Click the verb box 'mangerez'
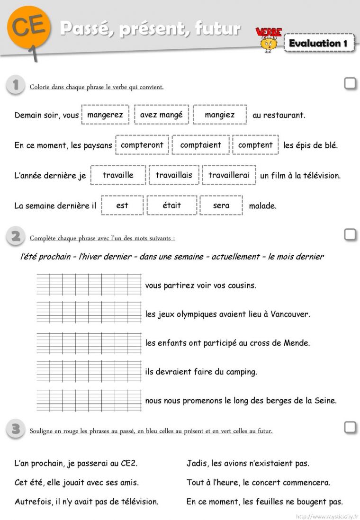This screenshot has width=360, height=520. [x=105, y=115]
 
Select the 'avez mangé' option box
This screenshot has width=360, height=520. [x=162, y=115]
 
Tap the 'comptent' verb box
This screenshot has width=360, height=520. [x=255, y=145]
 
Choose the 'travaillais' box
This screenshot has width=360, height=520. [x=174, y=175]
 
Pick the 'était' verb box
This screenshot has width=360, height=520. [x=171, y=205]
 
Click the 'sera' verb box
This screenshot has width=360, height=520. [x=221, y=205]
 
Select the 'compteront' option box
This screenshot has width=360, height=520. [x=142, y=145]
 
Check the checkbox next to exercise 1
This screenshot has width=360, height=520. [x=350, y=83]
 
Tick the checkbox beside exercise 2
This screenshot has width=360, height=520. [x=350, y=234]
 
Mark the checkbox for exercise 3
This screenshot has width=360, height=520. [x=350, y=427]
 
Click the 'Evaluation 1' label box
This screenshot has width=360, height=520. [x=319, y=43]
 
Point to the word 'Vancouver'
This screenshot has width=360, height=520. [x=290, y=314]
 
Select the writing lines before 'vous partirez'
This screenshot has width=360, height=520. [x=89, y=285]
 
